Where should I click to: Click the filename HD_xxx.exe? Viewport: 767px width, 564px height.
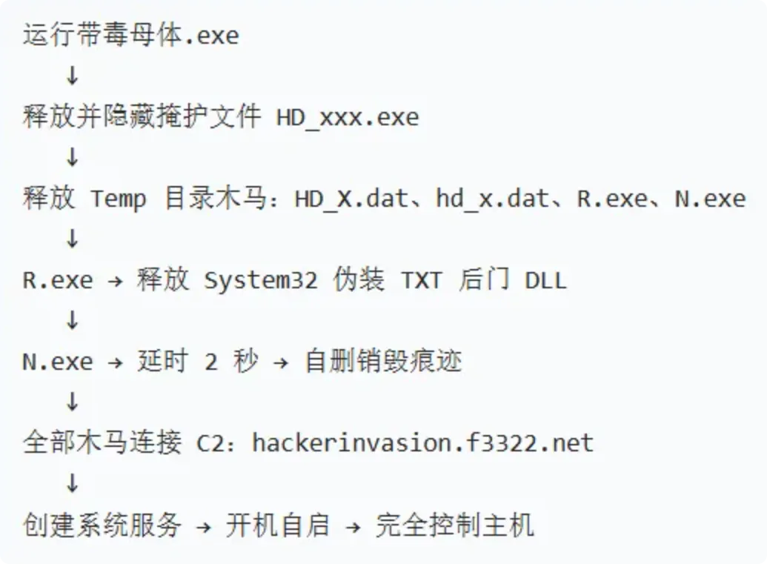point(348,117)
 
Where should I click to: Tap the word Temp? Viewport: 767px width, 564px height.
point(118,199)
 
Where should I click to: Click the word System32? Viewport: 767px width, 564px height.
point(261,280)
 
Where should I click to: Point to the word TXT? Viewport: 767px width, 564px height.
point(421,280)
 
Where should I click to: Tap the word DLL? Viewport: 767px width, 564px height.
point(545,280)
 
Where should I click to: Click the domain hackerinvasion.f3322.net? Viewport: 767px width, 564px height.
point(422,443)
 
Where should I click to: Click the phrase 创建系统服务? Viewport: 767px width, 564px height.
point(102,525)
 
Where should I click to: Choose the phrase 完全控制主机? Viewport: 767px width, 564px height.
point(454,525)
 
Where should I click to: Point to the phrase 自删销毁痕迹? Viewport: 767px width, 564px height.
point(383,362)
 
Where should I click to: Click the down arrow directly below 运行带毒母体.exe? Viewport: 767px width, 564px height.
point(72,76)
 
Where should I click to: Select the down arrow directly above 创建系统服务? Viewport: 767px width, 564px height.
point(72,483)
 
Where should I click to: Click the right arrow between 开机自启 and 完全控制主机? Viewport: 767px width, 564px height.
point(353,526)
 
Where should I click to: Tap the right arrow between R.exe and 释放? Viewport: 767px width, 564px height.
point(115,282)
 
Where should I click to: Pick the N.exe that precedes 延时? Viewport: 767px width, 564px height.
point(58,362)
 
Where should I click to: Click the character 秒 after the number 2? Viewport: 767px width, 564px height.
point(246,362)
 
